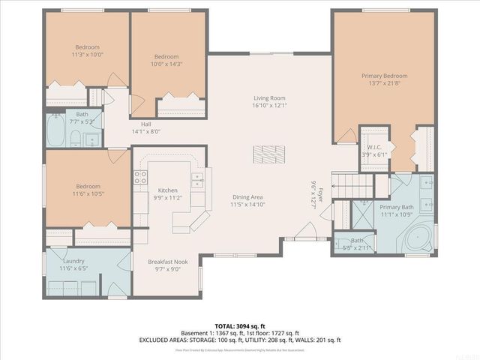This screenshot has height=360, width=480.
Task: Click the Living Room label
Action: [x=269, y=97]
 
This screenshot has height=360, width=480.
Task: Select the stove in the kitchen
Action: [x=140, y=178]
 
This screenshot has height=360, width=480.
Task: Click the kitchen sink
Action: [x=197, y=179]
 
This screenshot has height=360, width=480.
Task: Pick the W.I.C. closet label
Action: [x=373, y=147]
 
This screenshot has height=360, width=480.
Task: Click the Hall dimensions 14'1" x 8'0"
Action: [x=146, y=132]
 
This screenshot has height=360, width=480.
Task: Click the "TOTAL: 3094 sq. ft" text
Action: [x=240, y=325]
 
